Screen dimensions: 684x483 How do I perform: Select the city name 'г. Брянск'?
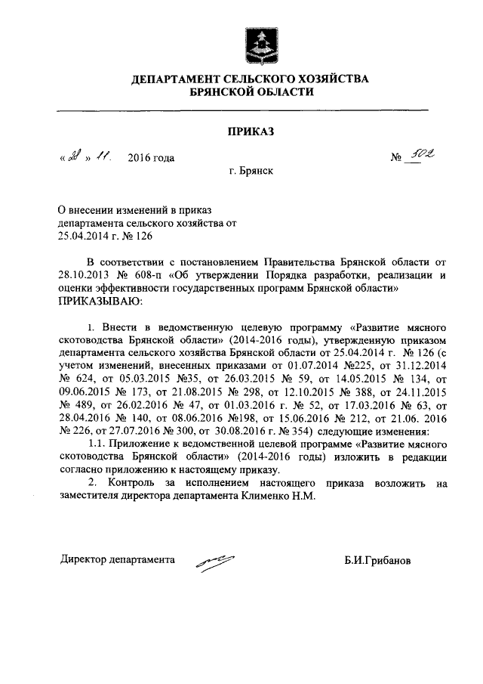[251, 172]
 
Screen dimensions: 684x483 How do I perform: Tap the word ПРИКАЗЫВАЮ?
[100, 301]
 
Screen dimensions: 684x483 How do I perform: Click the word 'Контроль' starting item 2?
[131, 483]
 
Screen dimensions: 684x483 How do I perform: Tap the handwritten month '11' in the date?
[103, 156]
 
